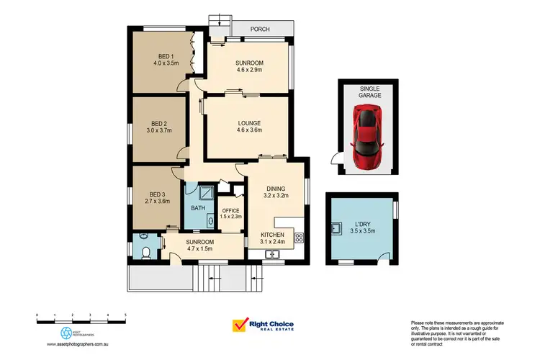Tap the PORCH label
pyautogui.click(x=261, y=29)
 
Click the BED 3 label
pyautogui.click(x=157, y=194)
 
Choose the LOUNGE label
pyautogui.click(x=249, y=122)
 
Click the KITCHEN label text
pyautogui.click(x=272, y=235)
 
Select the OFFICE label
pyautogui.click(x=230, y=210)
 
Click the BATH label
pyautogui.click(x=198, y=209)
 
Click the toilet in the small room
pyautogui.click(x=145, y=251)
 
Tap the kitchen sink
pyautogui.click(x=273, y=253)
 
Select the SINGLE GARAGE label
pyautogui.click(x=370, y=91)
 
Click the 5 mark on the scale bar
pyautogui.click(x=125, y=315)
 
